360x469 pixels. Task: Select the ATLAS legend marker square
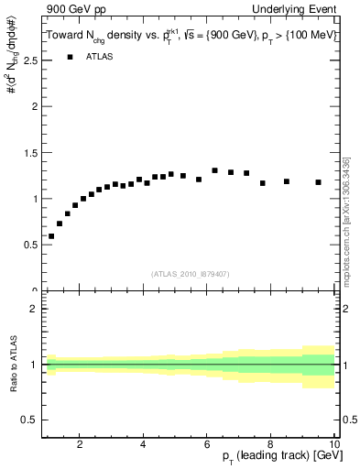pyautogui.click(x=69, y=57)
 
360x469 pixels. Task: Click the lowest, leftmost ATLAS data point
pyautogui.click(x=51, y=236)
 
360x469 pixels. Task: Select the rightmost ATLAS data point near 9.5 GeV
pyautogui.click(x=318, y=182)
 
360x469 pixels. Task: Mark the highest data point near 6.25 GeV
pyautogui.click(x=214, y=170)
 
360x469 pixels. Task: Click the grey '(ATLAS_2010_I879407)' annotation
pyautogui.click(x=190, y=273)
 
